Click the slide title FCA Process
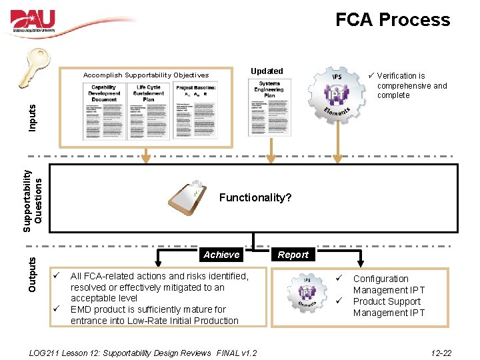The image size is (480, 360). [x=392, y=20]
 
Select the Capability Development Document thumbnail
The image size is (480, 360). [x=104, y=111]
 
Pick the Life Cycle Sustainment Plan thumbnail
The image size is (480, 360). [x=149, y=111]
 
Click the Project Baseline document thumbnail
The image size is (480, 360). [x=195, y=111]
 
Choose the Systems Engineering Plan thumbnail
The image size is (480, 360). [x=269, y=108]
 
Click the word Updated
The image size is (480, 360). [x=267, y=71]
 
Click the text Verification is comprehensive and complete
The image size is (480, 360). [x=411, y=85]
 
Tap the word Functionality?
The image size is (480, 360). [x=255, y=198]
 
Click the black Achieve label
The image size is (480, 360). [x=221, y=255]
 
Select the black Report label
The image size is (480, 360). [x=293, y=255]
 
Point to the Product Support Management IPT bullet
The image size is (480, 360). [x=388, y=307]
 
